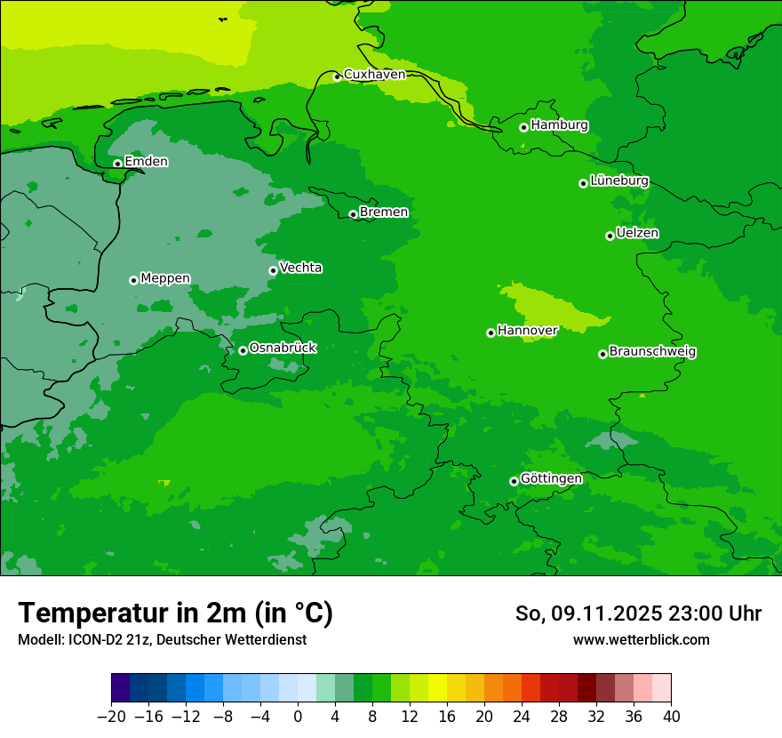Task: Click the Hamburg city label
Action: click(559, 125)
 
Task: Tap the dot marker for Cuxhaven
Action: click(337, 76)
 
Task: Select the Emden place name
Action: click(146, 162)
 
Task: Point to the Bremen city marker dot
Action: click(353, 214)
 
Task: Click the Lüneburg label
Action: click(619, 180)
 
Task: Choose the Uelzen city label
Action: click(637, 233)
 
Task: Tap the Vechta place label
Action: click(300, 268)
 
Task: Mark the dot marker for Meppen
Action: click(133, 280)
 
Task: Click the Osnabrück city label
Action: click(283, 348)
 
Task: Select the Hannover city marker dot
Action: click(491, 333)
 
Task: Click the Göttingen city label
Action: click(551, 479)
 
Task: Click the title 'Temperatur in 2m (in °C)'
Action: click(175, 614)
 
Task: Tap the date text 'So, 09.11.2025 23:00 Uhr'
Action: click(638, 614)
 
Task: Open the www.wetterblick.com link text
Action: click(641, 639)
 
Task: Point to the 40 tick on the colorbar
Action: click(671, 717)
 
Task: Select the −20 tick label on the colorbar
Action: click(111, 717)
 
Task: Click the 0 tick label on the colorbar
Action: click(298, 717)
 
